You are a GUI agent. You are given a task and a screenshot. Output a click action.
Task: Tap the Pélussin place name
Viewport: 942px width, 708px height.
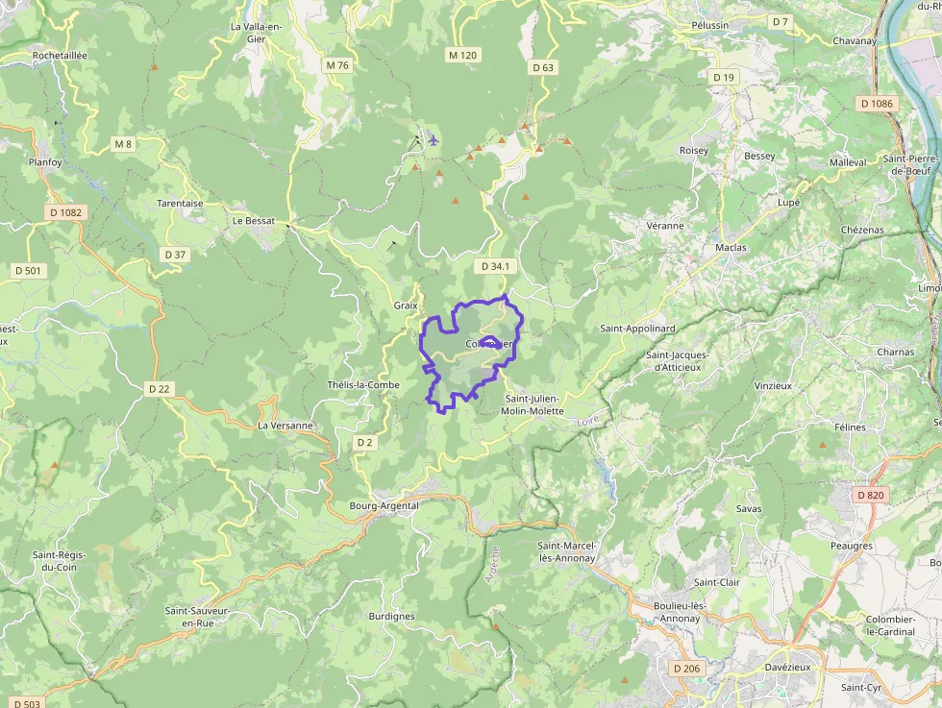click(710, 25)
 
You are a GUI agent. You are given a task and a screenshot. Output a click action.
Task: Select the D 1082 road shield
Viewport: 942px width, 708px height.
click(65, 212)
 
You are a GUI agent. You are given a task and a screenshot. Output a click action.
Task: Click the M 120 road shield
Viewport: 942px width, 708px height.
click(462, 56)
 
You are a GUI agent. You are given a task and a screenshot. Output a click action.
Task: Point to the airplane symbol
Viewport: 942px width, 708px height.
click(434, 140)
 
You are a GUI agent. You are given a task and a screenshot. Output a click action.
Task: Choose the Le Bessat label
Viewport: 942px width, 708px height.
click(254, 220)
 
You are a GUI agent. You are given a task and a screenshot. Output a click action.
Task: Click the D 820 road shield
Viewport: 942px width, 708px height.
click(869, 495)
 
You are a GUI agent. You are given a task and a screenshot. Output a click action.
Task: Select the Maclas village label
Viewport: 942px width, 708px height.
click(731, 248)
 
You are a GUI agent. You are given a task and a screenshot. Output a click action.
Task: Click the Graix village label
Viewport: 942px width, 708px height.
click(406, 305)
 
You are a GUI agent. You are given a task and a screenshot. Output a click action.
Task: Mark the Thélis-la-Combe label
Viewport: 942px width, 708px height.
click(363, 385)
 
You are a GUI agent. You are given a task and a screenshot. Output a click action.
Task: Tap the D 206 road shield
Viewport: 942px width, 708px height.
click(687, 668)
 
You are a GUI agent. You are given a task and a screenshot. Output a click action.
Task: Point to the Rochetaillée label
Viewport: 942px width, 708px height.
click(60, 56)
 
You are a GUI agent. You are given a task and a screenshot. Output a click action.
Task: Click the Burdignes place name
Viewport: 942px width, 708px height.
click(391, 617)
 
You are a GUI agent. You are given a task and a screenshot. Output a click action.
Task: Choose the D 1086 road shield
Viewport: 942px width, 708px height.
click(877, 103)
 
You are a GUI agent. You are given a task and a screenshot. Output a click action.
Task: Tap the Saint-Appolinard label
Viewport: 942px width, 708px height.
click(638, 329)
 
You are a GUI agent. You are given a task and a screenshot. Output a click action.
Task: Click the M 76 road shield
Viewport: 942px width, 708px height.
click(337, 65)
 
